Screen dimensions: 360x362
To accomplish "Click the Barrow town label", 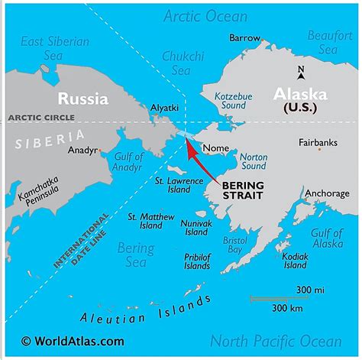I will tap(244, 37).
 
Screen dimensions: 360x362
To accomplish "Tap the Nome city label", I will tap(213, 149).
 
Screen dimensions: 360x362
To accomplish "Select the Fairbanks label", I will tap(317, 143).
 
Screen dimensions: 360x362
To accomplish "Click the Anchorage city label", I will tap(327, 194).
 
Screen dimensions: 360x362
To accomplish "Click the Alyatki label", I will tap(165, 109).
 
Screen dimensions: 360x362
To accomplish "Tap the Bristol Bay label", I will tap(234, 245).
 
